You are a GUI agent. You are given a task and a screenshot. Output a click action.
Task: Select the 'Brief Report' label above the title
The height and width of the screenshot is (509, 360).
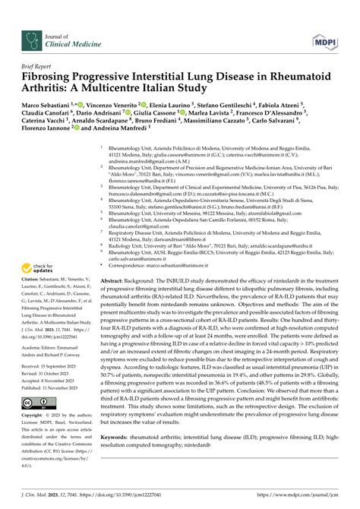click(41, 68)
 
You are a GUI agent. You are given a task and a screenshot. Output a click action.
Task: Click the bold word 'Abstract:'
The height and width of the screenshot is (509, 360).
click(115, 260)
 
